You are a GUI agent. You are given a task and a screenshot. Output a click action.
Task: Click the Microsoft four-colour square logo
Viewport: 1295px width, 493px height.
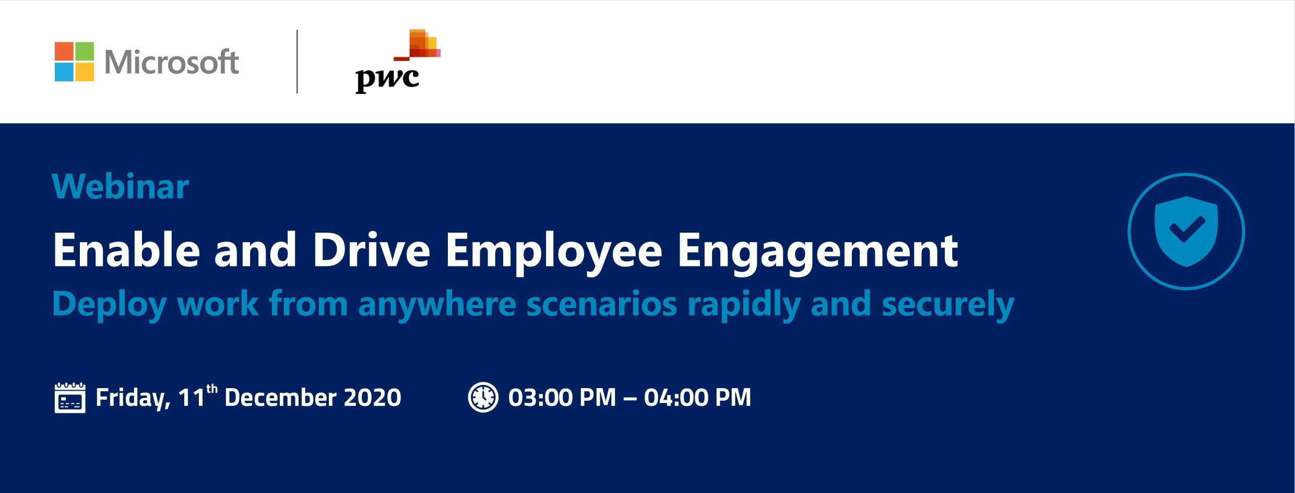(x=74, y=62)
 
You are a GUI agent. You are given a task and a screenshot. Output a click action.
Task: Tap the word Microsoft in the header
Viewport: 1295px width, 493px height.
(x=172, y=62)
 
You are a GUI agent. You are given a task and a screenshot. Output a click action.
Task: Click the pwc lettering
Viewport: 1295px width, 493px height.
(x=387, y=79)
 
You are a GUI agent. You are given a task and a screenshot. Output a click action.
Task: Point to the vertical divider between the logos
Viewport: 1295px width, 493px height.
(x=297, y=62)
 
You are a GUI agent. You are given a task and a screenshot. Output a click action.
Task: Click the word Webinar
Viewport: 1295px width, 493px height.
(x=120, y=186)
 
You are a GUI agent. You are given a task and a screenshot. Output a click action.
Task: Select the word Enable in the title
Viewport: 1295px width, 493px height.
(x=126, y=250)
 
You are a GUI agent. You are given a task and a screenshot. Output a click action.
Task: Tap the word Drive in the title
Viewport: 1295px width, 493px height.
(x=371, y=250)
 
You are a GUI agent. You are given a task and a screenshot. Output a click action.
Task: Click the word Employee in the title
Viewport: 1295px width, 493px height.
(x=553, y=253)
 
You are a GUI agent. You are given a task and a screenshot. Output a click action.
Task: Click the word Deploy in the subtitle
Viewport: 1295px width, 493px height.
(x=109, y=305)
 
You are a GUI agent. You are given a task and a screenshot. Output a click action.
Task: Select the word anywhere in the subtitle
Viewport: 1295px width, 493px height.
(x=437, y=305)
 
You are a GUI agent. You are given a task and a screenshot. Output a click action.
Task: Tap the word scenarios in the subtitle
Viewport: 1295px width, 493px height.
(x=601, y=304)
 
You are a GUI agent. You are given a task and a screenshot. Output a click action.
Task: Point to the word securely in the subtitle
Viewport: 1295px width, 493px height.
(x=947, y=305)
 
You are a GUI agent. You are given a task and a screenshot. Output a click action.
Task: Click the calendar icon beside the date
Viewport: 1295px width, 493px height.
(x=70, y=398)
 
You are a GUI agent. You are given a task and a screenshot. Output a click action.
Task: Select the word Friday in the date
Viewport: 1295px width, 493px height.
(x=133, y=399)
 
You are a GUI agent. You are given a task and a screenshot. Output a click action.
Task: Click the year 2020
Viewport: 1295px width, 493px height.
(x=372, y=398)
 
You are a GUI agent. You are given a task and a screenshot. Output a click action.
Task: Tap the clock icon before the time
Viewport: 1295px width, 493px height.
(x=483, y=397)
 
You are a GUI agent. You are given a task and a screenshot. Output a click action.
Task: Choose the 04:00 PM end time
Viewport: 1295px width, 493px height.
(x=697, y=398)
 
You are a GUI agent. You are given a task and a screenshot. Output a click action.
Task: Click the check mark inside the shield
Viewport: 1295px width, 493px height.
(x=1186, y=230)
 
